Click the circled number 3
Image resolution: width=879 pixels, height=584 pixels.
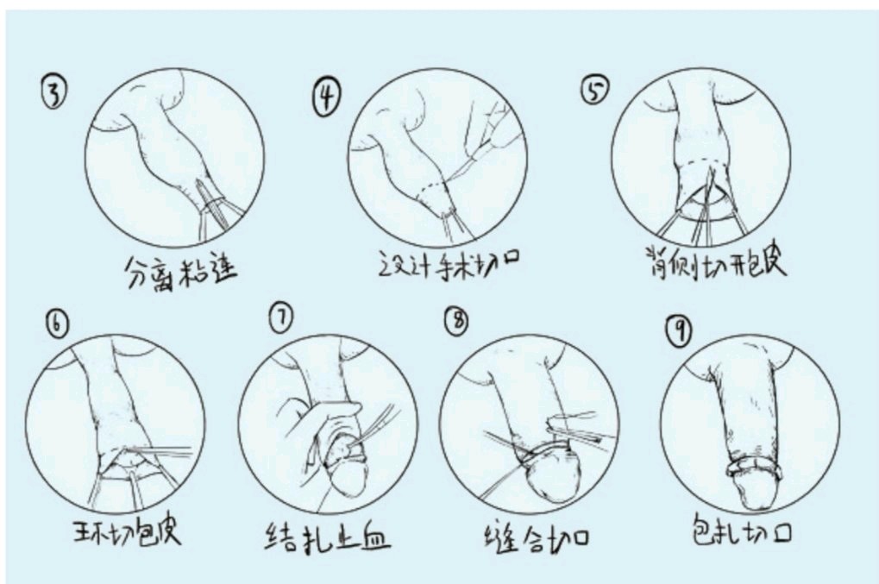[53, 92]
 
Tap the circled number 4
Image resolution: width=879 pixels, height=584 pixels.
[326, 97]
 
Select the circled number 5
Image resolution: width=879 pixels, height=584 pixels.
[594, 91]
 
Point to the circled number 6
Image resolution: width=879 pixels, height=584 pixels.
[57, 324]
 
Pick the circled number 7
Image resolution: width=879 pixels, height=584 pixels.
[281, 317]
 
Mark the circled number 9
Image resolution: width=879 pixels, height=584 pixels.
[679, 330]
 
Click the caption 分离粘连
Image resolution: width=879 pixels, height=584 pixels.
[180, 271]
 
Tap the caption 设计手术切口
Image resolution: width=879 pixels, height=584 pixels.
[449, 264]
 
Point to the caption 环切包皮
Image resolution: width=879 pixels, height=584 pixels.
[128, 531]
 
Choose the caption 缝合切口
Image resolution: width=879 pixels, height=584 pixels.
[537, 537]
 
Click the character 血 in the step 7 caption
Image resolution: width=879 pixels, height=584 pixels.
[374, 539]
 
